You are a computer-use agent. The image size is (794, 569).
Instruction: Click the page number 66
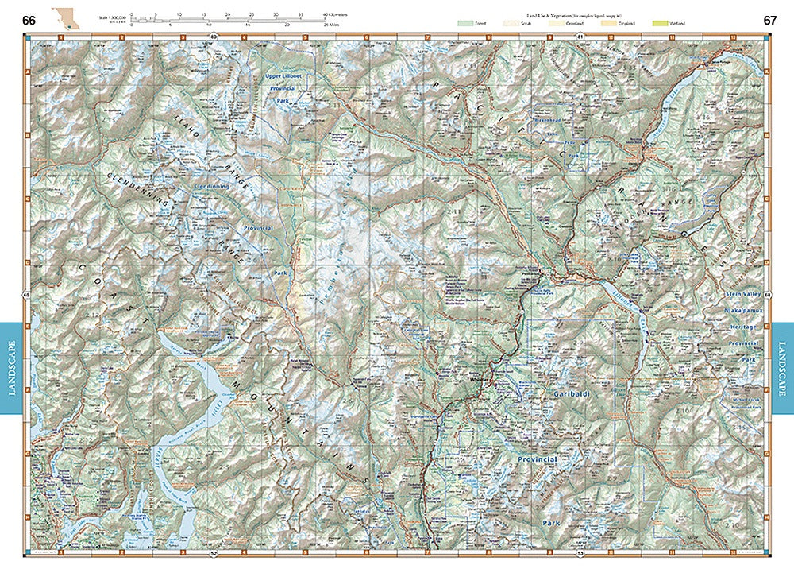(29, 21)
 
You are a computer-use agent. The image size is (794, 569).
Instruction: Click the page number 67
(769, 21)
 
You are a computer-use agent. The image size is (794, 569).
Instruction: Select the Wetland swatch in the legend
(657, 24)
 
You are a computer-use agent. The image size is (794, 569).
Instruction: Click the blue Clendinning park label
(211, 186)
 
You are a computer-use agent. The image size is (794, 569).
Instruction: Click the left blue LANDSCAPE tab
(11, 368)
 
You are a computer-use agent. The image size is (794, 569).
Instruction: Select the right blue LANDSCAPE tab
(782, 368)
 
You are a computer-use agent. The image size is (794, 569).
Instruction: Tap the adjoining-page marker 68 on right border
(767, 295)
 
